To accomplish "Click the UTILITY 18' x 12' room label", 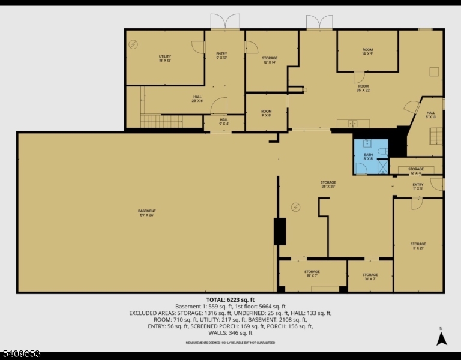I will click(x=164, y=58).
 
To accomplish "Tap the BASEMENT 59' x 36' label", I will click(x=146, y=213).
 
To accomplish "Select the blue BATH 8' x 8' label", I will click(x=368, y=157).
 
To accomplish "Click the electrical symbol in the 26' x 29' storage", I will click(x=295, y=208).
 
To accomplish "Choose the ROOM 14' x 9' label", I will click(x=367, y=52).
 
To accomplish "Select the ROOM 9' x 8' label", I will click(x=266, y=113).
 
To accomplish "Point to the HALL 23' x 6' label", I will click(x=197, y=98).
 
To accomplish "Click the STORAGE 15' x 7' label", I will click(x=312, y=274).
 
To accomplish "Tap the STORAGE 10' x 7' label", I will click(x=370, y=277).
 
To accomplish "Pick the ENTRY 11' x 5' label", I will click(x=418, y=187).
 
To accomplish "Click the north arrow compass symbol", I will click(x=441, y=337).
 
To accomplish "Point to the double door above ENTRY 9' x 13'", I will click(x=224, y=22).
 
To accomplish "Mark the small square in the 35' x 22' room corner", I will click(x=433, y=72).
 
